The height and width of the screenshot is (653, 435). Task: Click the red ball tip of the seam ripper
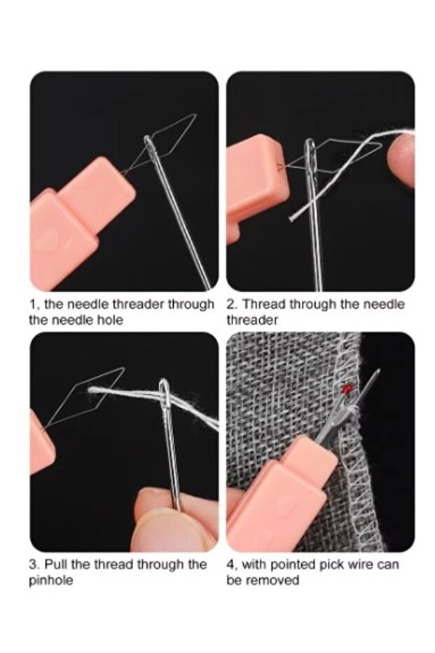pos(347,389)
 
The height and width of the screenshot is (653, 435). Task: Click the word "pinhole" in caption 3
pos(50,580)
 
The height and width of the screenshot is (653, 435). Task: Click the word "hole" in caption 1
pos(109,320)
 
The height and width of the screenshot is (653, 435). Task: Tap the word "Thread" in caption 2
pos(264,304)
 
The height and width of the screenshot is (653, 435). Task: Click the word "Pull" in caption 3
pos(56,565)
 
